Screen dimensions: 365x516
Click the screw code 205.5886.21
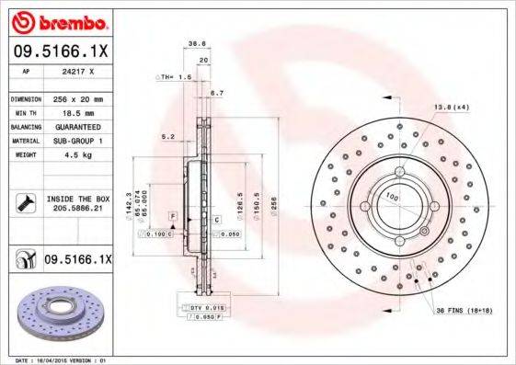[77, 211]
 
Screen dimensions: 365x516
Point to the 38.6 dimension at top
[196, 43]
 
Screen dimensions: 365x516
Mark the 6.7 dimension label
[217, 94]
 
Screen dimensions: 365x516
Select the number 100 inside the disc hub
[391, 196]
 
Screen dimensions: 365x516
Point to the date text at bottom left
[55, 360]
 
